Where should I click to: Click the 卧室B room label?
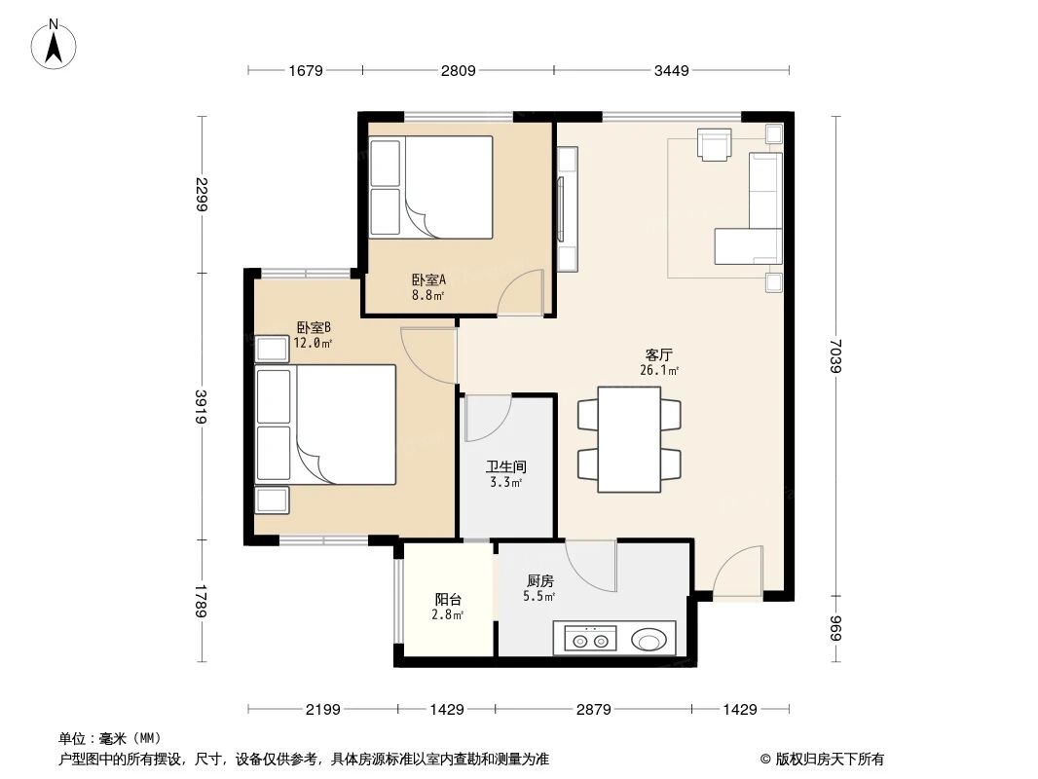coord(314,328)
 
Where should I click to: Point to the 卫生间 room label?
coord(506,466)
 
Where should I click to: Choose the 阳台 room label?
coord(448,599)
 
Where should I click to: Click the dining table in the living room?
coord(629,439)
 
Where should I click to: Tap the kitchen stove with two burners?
coord(591,640)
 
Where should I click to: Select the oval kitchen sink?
coord(649,640)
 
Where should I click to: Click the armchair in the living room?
coord(715,144)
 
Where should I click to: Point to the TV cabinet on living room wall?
coord(567,208)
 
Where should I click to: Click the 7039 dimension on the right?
coord(836,353)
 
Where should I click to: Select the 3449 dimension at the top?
coord(672,70)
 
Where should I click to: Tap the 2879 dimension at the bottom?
coord(592,710)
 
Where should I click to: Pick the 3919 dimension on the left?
coord(202,406)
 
